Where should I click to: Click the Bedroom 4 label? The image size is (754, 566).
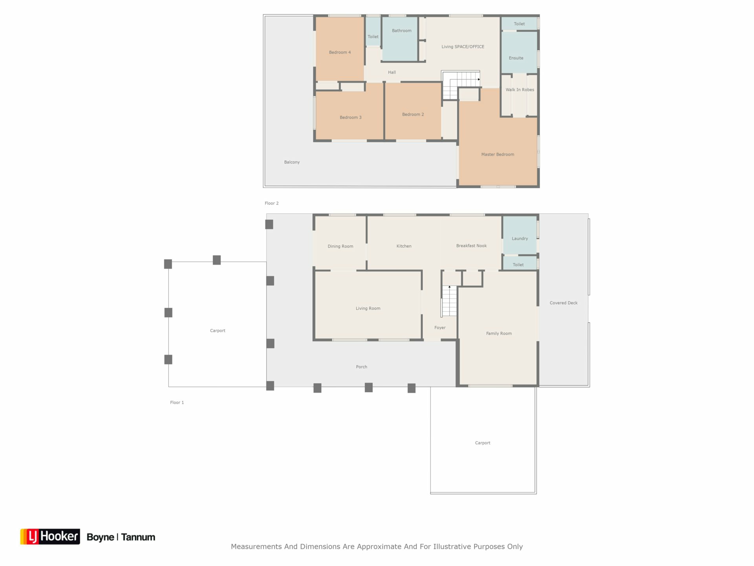click(x=340, y=52)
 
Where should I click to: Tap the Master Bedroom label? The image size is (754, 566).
click(x=498, y=154)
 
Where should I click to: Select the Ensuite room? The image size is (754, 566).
click(x=519, y=52)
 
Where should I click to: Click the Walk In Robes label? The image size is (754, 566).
click(x=520, y=90)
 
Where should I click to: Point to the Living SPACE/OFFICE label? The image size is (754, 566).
click(x=463, y=47)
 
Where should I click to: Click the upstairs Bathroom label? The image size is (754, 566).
click(x=401, y=31)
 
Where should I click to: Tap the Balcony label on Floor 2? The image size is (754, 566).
click(x=292, y=162)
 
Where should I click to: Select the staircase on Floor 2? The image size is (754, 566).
click(x=461, y=85)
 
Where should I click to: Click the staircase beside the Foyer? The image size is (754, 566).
click(x=449, y=301)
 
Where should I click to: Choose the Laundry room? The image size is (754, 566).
click(x=520, y=235)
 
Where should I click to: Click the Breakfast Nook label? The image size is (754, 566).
click(x=471, y=246)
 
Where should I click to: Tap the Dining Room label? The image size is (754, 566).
click(x=340, y=246)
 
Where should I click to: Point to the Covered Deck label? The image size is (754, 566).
click(x=564, y=303)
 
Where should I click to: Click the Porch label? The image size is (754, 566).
click(x=361, y=367)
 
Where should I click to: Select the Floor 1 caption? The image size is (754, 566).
click(x=177, y=402)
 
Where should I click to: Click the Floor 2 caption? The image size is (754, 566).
click(x=271, y=203)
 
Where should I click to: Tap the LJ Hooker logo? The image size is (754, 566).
click(x=50, y=537)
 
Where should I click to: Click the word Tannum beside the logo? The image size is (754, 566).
click(x=138, y=537)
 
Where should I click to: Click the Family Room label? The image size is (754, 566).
click(x=499, y=334)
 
